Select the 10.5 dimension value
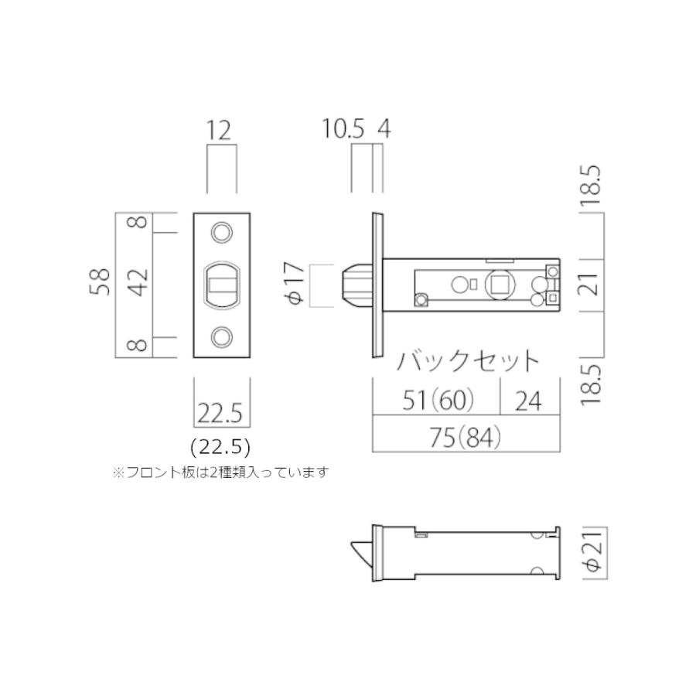(x=343, y=128)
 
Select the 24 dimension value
(x=530, y=400)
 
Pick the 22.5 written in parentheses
(x=220, y=447)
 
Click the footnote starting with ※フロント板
(x=220, y=472)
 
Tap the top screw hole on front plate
(x=222, y=232)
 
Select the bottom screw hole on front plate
(x=222, y=336)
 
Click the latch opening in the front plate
(x=221, y=284)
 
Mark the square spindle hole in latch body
(x=499, y=285)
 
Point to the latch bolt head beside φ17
(x=356, y=285)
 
